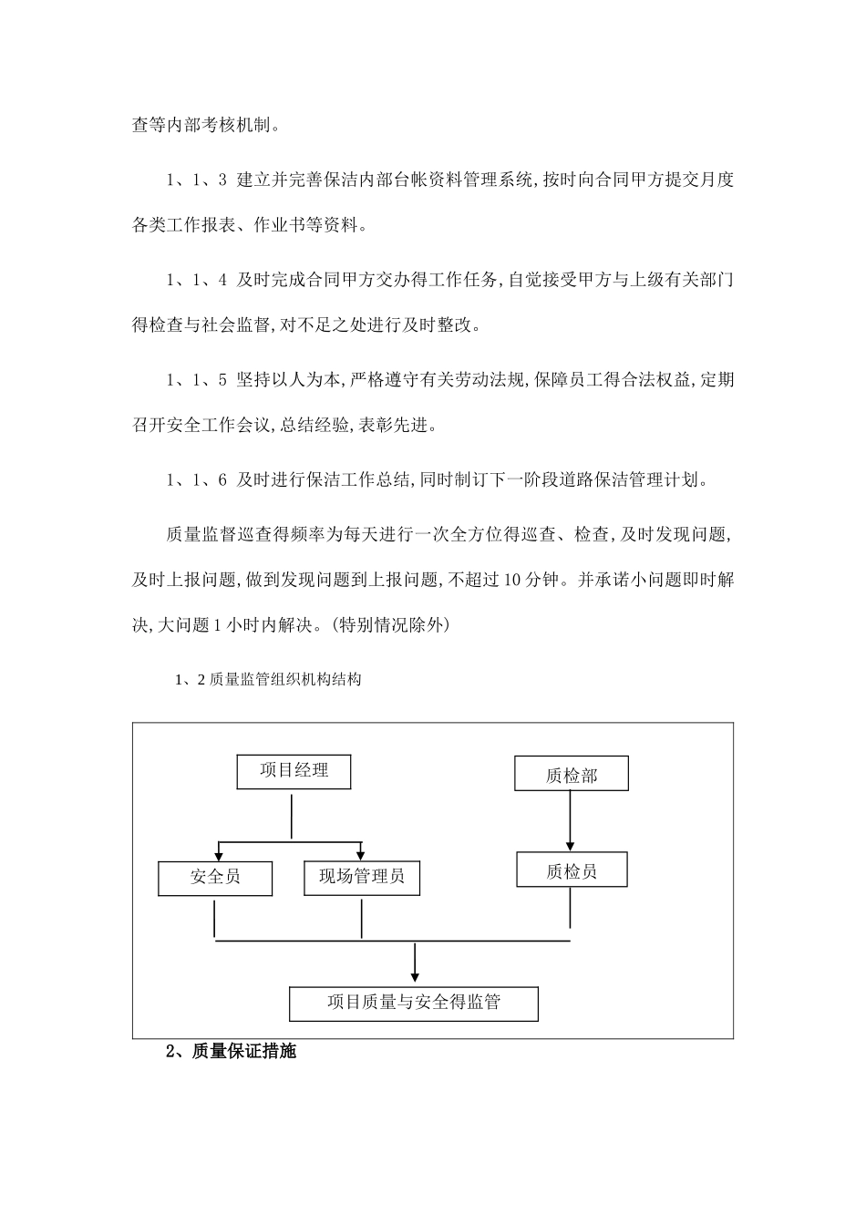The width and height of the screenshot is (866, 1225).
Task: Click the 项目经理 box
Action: [294, 771]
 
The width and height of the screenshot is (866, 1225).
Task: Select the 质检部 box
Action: [572, 775]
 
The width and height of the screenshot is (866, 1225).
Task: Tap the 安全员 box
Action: [215, 878]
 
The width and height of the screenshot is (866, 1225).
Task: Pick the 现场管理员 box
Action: [362, 878]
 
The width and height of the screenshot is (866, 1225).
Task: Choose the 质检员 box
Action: [572, 870]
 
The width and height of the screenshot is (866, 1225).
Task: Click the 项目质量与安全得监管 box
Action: [414, 1003]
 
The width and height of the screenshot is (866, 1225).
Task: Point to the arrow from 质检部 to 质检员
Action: [571, 820]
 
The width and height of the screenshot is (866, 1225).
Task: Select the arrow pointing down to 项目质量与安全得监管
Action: [415, 964]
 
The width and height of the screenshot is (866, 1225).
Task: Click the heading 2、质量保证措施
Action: [231, 1052]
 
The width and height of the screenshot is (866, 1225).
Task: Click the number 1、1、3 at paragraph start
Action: [196, 180]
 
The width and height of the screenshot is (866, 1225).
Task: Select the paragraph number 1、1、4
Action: [196, 281]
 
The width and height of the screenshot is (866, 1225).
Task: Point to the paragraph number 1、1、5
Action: [196, 381]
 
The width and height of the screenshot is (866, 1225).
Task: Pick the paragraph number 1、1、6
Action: [196, 480]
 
